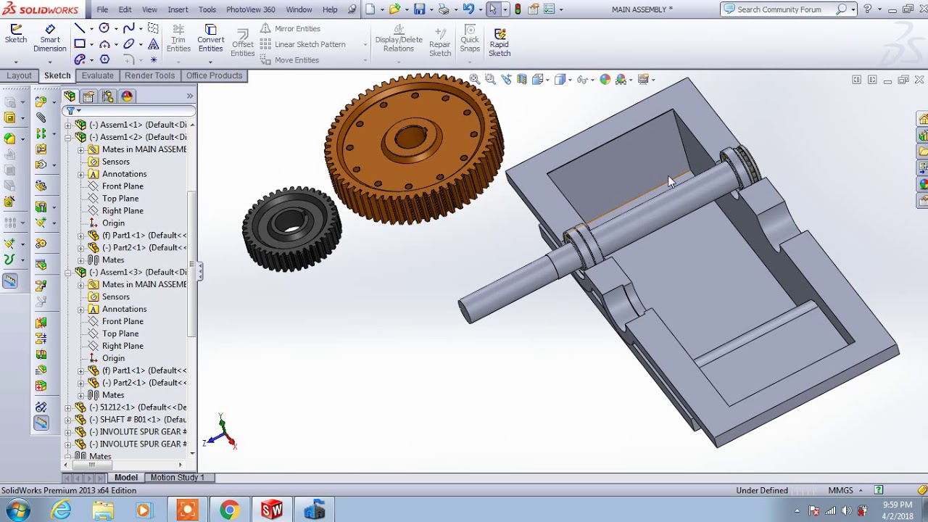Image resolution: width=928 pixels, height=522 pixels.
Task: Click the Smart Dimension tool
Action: pyautogui.click(x=50, y=38)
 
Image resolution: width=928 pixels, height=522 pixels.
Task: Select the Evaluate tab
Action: pyautogui.click(x=97, y=75)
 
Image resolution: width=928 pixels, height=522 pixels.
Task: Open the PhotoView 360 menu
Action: pyautogui.click(x=250, y=9)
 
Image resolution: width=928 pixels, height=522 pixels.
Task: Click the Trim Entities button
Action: pyautogui.click(x=178, y=38)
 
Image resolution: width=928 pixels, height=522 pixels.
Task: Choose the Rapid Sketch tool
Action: pyautogui.click(x=500, y=42)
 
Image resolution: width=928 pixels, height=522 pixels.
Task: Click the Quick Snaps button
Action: pyautogui.click(x=470, y=38)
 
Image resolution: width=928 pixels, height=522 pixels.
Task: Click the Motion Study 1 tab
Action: pyautogui.click(x=177, y=477)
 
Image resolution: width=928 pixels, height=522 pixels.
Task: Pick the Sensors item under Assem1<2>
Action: pyautogui.click(x=115, y=162)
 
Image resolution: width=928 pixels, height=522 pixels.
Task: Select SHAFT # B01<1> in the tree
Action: pyautogui.click(x=142, y=420)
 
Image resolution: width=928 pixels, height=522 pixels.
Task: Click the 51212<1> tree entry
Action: pyautogui.click(x=142, y=407)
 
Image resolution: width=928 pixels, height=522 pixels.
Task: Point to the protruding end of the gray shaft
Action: pyautogui.click(x=467, y=310)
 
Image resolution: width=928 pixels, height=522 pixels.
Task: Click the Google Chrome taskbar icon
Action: pyautogui.click(x=229, y=510)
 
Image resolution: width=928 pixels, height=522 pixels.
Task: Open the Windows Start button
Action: pyautogui.click(x=16, y=510)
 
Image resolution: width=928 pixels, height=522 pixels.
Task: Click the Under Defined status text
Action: pyautogui.click(x=761, y=490)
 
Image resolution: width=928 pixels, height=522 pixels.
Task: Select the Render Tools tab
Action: pyautogui.click(x=149, y=75)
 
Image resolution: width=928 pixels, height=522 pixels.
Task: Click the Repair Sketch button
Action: pyautogui.click(x=440, y=42)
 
